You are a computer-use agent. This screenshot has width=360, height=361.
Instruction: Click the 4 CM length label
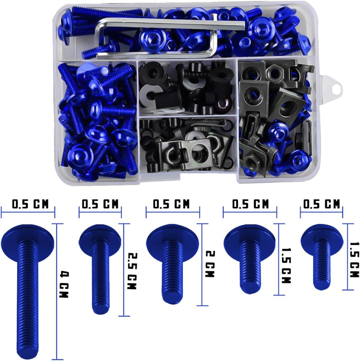(x=64, y=285)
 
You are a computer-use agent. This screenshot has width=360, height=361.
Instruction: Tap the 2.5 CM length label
(x=133, y=271)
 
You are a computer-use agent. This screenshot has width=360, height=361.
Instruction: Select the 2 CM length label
(x=210, y=264)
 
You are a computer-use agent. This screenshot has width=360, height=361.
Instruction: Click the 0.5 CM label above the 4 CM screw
(x=30, y=204)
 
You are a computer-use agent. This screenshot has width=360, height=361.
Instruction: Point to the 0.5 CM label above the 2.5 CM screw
(x=100, y=204)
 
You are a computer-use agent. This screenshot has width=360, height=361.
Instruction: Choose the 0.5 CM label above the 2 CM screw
(x=171, y=204)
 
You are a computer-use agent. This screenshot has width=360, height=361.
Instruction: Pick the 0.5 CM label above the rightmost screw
(x=322, y=204)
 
